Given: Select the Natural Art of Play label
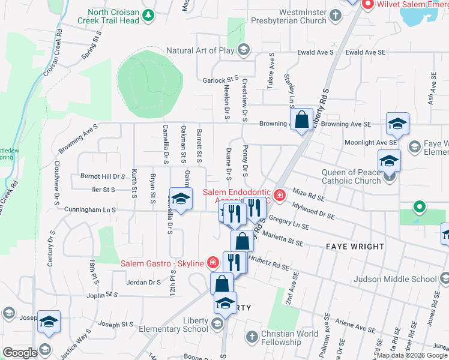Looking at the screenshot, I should click(x=200, y=50).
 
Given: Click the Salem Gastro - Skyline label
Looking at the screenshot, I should click(x=154, y=263).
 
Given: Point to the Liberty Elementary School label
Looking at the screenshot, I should click(x=173, y=325).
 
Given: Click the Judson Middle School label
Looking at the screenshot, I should click(x=403, y=279).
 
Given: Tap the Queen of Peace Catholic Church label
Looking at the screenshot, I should click(x=351, y=176).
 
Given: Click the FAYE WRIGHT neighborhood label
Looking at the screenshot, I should click(x=355, y=247).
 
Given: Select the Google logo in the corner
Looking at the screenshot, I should click(x=20, y=353).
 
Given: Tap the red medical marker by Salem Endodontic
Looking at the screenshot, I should click(x=279, y=194).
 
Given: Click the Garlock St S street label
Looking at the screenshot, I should click(x=221, y=80).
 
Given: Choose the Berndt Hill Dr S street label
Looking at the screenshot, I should click(x=103, y=176).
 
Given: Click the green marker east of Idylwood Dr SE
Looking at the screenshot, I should click(x=419, y=208).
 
